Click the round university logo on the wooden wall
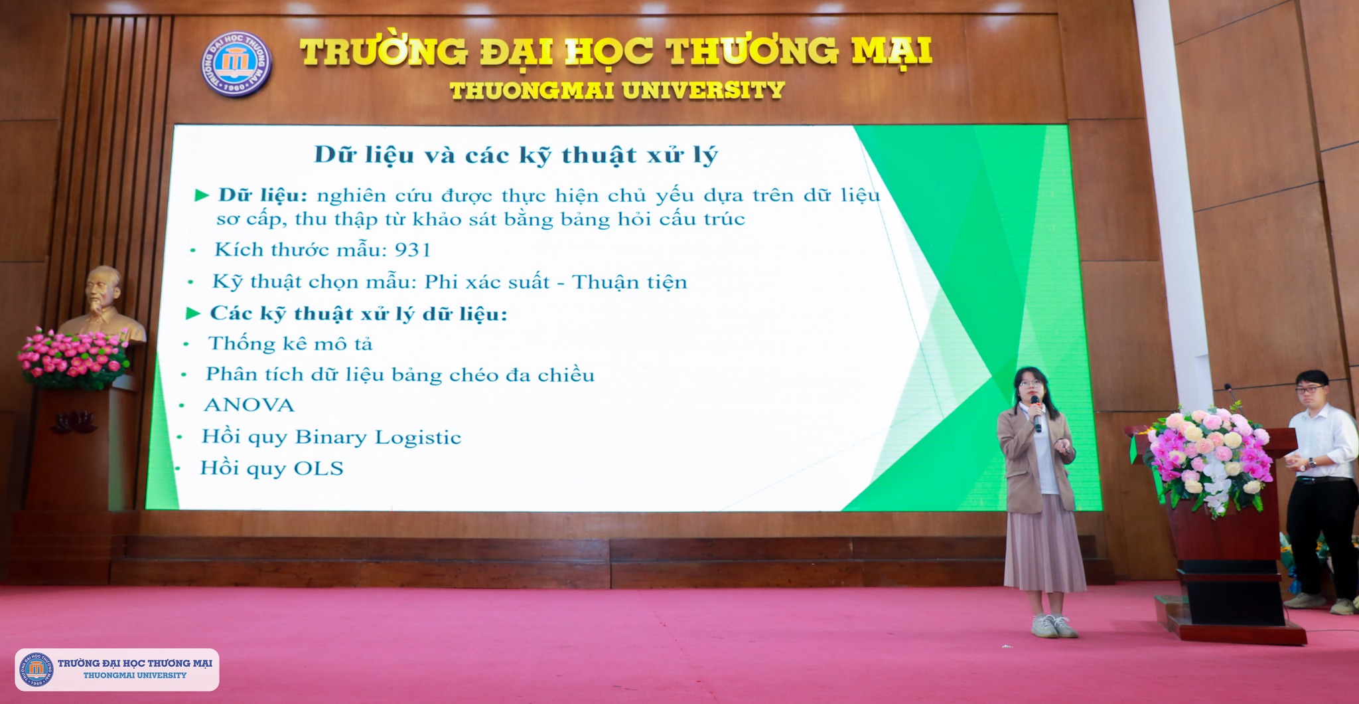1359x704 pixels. pyautogui.click(x=236, y=63)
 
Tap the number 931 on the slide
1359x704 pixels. pyautogui.click(x=413, y=250)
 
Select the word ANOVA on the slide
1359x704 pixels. pyautogui.click(x=249, y=405)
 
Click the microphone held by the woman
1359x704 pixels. pyautogui.click(x=1035, y=412)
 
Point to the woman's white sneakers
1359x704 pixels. pyautogui.click(x=1054, y=626)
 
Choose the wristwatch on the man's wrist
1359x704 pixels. pyautogui.click(x=1312, y=463)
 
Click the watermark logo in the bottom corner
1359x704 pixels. pyautogui.click(x=38, y=669)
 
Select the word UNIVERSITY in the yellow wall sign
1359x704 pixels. pyautogui.click(x=704, y=90)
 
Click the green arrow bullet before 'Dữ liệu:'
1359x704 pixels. pyautogui.click(x=202, y=195)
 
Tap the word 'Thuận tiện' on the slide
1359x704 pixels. pyautogui.click(x=629, y=282)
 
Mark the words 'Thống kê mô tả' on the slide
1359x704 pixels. pyautogui.click(x=291, y=343)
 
